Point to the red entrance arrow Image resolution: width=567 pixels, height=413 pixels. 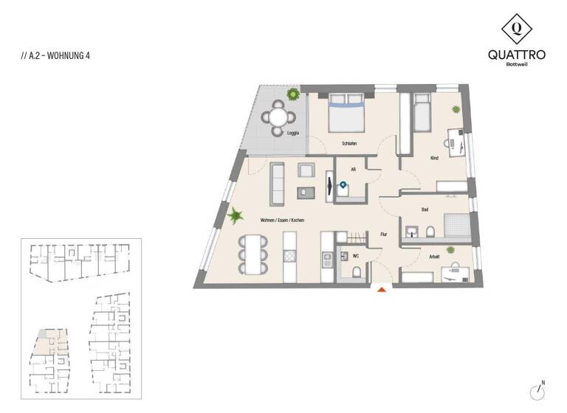pyautogui.click(x=382, y=290)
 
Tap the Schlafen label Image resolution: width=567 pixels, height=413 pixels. pyautogui.click(x=349, y=143)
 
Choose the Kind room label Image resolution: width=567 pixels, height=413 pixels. pyautogui.click(x=435, y=159)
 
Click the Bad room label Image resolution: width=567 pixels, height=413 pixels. pyautogui.click(x=425, y=209)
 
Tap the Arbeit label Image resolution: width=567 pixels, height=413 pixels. pyautogui.click(x=435, y=256)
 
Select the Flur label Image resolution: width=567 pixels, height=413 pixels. pyautogui.click(x=383, y=234)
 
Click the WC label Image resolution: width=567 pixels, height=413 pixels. pyautogui.click(x=355, y=257)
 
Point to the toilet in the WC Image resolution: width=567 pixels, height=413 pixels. pyautogui.click(x=357, y=273)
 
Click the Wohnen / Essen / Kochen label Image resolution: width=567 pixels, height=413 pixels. pyautogui.click(x=282, y=221)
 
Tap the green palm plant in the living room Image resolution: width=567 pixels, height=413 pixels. pyautogui.click(x=236, y=216)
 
